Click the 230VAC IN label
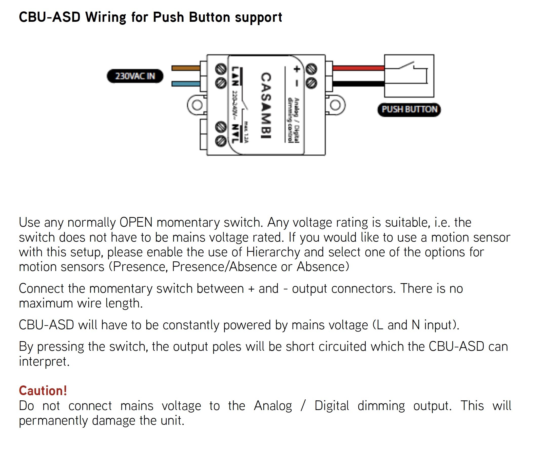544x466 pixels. (x=135, y=76)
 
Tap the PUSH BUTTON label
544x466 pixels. (x=409, y=109)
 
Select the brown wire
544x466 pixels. (x=186, y=68)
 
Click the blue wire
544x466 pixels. (x=186, y=84)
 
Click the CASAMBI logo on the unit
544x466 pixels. (x=266, y=105)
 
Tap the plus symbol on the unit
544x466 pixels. (x=297, y=69)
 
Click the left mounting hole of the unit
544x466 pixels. (x=197, y=105)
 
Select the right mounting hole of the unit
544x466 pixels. (x=335, y=105)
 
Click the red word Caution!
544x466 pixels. (x=43, y=391)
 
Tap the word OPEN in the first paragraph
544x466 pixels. (x=136, y=222)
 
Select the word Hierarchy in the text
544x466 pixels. (x=273, y=252)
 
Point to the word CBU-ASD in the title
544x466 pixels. (x=50, y=17)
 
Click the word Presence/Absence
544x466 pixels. (x=224, y=267)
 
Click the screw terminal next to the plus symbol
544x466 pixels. (x=312, y=69)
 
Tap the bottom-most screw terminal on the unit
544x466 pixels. (x=221, y=141)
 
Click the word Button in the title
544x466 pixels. (x=209, y=17)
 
